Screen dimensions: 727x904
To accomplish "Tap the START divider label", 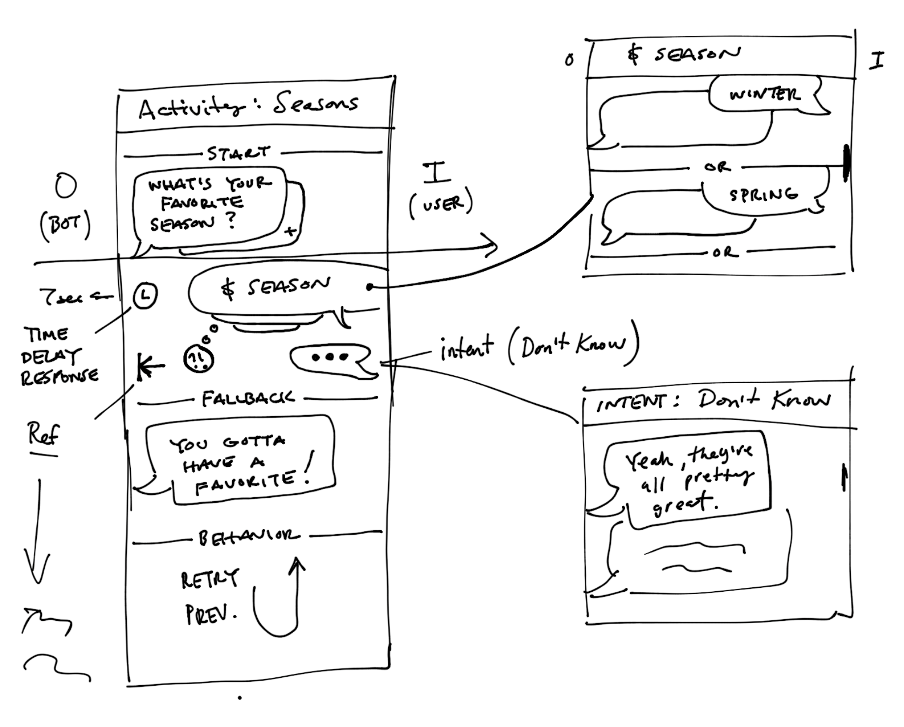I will tap(239, 153).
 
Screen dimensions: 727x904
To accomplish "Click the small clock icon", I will tap(145, 296).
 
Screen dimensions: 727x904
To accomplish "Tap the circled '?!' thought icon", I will tap(198, 360).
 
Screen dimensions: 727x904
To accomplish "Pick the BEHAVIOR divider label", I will tap(248, 538).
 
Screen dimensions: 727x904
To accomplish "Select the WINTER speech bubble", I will tap(765, 95).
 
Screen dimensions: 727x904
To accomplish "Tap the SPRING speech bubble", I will tap(763, 195).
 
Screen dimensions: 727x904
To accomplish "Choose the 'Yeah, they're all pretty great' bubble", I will tap(689, 480).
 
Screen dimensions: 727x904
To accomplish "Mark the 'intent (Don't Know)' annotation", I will tap(539, 347).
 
